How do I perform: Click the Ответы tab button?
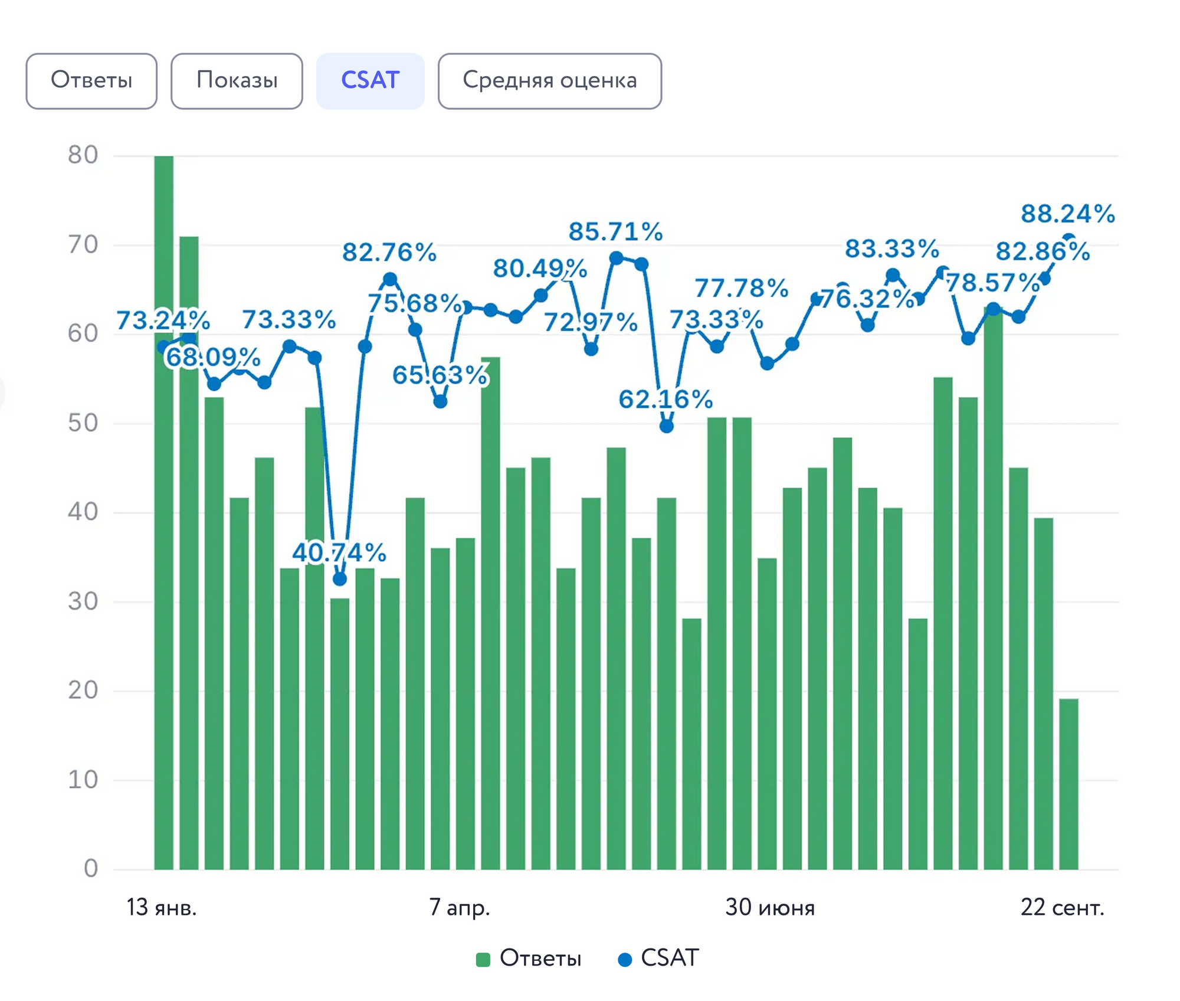point(91,81)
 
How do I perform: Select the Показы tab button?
point(237,81)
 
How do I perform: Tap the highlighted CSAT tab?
point(370,81)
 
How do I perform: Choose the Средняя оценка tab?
point(549,81)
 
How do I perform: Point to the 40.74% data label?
point(339,553)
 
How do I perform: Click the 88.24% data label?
point(1068,214)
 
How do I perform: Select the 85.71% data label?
point(615,231)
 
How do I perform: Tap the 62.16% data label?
point(666,400)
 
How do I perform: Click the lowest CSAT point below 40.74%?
point(339,579)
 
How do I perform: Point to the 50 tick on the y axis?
point(83,423)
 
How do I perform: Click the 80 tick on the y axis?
point(83,155)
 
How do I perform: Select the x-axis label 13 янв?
point(161,907)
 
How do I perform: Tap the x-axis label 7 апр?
point(460,907)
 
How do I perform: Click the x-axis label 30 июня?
point(770,907)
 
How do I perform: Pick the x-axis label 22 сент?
point(1062,907)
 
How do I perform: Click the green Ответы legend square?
point(483,959)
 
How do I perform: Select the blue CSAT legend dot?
point(624,959)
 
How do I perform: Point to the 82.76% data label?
point(389,253)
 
